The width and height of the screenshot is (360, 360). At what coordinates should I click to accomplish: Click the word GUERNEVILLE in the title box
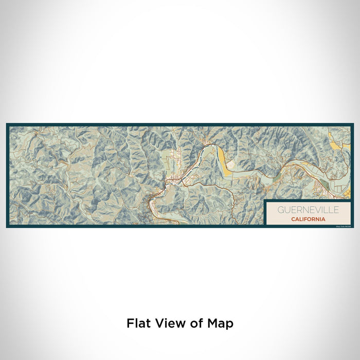tap(301, 210)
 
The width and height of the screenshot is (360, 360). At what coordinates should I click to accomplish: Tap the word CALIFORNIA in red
tap(308, 219)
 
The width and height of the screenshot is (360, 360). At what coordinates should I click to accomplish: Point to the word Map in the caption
tap(221, 324)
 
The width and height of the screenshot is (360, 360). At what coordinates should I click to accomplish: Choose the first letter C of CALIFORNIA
tap(293, 219)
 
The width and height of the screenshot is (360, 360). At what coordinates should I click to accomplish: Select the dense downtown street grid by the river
tap(173, 181)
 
